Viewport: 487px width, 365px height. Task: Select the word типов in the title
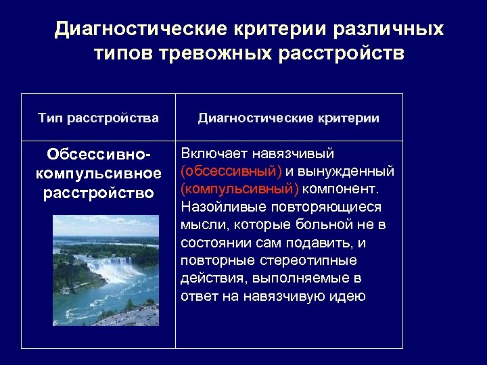(123, 53)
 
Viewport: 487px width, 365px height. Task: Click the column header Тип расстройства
(98, 118)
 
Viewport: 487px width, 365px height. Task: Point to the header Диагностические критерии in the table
(289, 118)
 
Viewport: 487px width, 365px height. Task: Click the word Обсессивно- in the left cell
(98, 155)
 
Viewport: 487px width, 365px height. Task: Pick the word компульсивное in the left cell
(98, 174)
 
